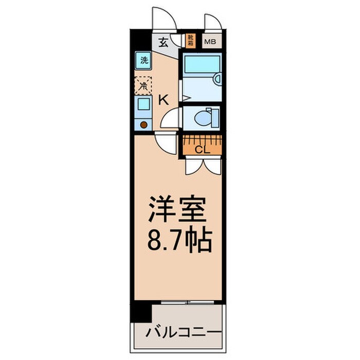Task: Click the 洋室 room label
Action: (x=178, y=208)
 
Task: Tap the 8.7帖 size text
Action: (x=178, y=240)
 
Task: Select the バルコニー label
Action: (x=178, y=331)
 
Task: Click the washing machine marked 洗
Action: (x=143, y=60)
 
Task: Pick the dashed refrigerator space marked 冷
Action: (x=143, y=84)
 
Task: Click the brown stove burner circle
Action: (x=144, y=124)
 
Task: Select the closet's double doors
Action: (x=203, y=165)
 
